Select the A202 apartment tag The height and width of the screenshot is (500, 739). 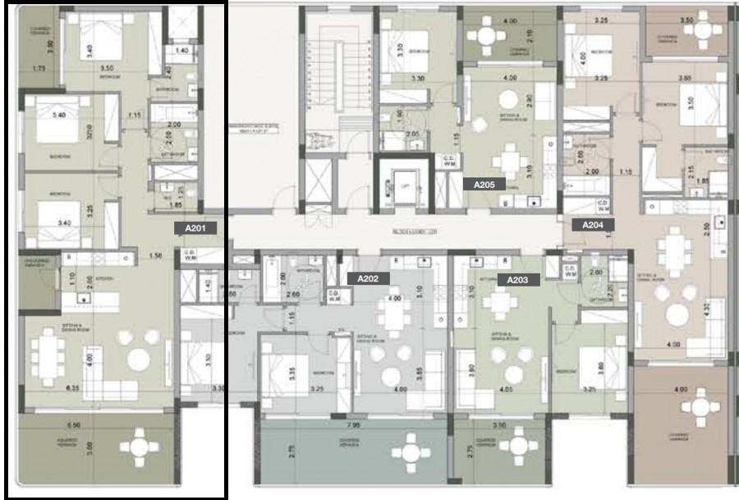tap(368, 279)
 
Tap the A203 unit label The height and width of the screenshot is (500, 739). tap(517, 279)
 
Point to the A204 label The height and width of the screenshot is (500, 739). tap(593, 224)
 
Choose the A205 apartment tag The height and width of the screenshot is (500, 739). tap(484, 185)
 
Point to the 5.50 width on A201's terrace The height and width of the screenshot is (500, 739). tap(74, 426)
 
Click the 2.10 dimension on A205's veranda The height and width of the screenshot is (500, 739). tap(530, 35)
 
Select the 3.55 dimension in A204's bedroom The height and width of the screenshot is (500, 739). tap(686, 78)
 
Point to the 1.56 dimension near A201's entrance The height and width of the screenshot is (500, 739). tap(155, 256)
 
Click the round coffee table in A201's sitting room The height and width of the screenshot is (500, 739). tap(138, 360)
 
